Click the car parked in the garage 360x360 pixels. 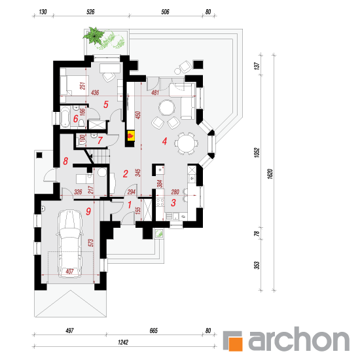point(69,243)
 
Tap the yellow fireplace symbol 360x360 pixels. point(131,135)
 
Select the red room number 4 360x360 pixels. point(164,141)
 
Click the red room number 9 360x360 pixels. point(88,211)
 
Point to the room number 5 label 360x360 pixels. point(105,104)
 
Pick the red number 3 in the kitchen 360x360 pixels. point(173,202)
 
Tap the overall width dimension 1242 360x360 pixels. point(123,342)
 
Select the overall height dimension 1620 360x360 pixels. point(270,174)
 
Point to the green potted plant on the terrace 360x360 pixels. point(94,35)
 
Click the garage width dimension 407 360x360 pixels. point(69,272)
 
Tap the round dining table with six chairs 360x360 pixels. point(186,143)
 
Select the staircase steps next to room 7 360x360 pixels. point(100,156)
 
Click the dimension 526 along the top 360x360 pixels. point(90,12)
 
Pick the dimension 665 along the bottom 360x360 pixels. point(154,331)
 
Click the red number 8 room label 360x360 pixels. point(65,161)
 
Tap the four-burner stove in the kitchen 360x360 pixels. point(160,202)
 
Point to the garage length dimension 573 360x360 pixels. point(91,243)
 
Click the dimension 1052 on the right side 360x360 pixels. point(257,153)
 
